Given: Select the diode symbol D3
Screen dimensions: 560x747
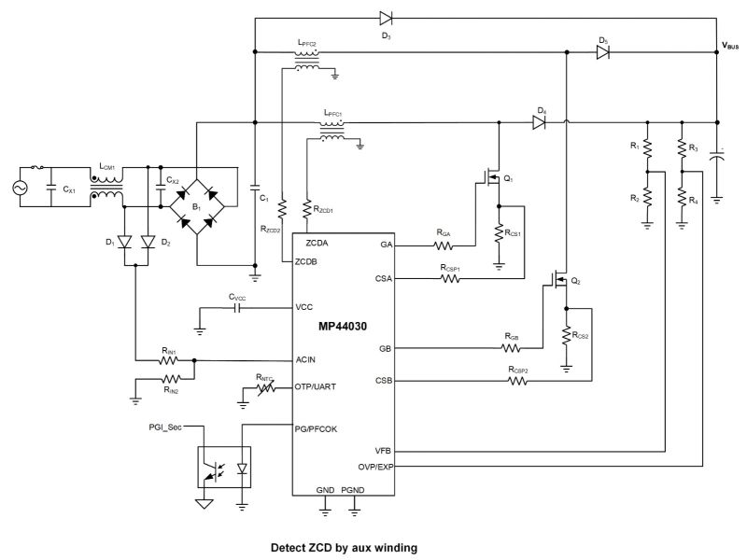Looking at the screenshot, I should tap(386, 16).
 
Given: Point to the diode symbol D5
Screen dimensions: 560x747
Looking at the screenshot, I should tap(603, 53).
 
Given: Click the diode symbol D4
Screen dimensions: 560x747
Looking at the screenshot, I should tap(539, 120).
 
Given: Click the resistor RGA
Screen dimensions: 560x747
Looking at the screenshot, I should tap(443, 246).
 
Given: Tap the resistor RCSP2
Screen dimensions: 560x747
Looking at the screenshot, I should tap(517, 382).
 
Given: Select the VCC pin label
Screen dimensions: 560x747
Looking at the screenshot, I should tap(304, 307).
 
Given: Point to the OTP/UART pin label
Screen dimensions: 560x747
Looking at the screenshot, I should tap(317, 385).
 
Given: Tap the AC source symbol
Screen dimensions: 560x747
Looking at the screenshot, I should tap(19, 187).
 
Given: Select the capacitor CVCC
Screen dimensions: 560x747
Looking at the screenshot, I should tap(237, 307).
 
